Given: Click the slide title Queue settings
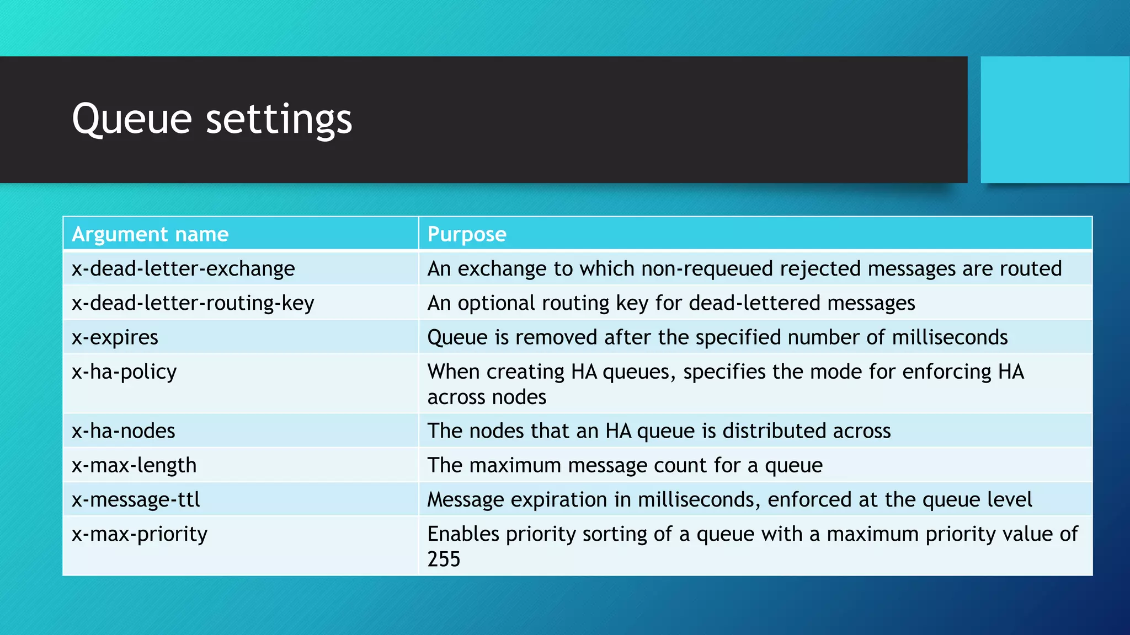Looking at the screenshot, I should [x=212, y=119].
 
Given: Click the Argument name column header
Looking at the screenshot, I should [x=150, y=234].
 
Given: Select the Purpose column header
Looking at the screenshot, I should [x=467, y=234].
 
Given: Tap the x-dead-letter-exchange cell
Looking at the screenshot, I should [x=183, y=268].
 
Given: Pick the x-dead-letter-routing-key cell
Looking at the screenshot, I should [x=193, y=303].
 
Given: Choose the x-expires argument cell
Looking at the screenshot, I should [x=115, y=337].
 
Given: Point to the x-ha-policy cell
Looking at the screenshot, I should [x=124, y=372].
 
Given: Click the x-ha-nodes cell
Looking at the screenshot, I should [x=123, y=431].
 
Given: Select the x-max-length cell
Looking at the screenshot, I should [x=134, y=465].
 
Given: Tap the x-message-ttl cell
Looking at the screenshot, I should [x=136, y=499].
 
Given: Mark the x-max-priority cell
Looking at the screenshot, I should [x=140, y=534].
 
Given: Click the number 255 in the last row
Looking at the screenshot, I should [x=444, y=559].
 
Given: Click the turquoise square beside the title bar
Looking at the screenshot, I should [x=1054, y=119].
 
